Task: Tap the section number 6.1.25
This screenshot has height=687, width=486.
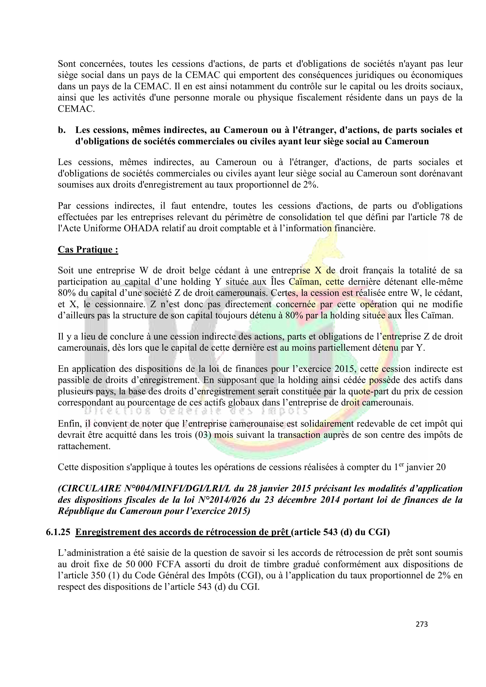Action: point(58,532)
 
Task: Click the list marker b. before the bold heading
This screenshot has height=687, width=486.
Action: point(62,130)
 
